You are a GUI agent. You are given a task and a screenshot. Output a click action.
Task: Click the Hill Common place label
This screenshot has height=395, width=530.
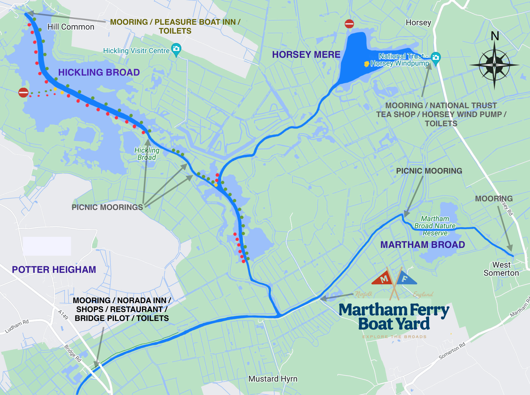(71, 27)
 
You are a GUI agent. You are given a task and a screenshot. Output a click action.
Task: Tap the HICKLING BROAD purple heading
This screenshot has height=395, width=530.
(99, 73)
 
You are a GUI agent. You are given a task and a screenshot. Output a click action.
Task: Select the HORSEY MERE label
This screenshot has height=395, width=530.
(306, 55)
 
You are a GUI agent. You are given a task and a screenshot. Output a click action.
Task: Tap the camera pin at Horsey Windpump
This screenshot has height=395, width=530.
(436, 58)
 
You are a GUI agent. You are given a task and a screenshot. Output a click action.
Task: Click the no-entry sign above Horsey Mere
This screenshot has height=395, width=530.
(349, 24)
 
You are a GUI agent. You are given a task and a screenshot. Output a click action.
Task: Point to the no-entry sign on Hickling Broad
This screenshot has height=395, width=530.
(23, 92)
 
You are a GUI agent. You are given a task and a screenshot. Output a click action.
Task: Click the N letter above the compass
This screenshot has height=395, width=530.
(495, 36)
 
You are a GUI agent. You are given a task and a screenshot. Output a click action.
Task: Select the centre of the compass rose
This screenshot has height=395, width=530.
(494, 65)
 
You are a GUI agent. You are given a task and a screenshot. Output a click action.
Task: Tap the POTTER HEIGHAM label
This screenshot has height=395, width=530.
(54, 270)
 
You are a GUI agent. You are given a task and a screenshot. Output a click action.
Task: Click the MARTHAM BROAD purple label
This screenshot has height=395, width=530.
(423, 245)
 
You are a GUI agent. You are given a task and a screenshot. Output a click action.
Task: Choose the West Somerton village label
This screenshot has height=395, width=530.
(501, 269)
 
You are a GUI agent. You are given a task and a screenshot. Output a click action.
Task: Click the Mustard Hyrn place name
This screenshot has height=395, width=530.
(273, 379)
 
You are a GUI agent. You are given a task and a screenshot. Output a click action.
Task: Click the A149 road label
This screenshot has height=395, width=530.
(63, 315)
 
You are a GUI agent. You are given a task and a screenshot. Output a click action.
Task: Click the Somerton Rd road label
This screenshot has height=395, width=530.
(452, 351)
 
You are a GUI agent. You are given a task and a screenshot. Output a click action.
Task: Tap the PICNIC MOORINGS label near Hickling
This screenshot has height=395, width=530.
(107, 207)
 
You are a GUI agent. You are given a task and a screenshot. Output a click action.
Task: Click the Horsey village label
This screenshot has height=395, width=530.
(418, 23)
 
